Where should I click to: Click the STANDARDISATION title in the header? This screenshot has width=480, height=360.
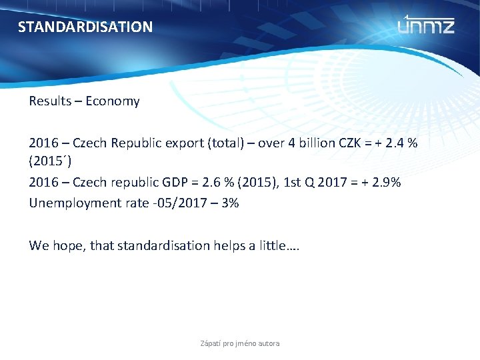[x=85, y=27]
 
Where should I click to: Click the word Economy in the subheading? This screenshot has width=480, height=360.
[x=113, y=101]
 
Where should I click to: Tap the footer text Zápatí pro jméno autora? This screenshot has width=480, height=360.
[x=240, y=343]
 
